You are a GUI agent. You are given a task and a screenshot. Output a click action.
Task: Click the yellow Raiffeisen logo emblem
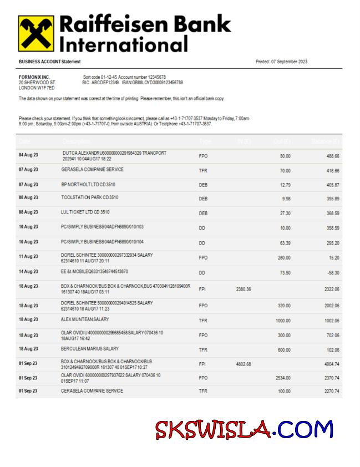[36, 33]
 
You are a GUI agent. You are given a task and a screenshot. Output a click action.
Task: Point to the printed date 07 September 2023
[281, 62]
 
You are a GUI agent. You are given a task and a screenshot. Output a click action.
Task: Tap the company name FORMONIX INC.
[34, 77]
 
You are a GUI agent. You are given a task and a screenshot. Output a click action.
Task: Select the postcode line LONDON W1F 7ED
[37, 88]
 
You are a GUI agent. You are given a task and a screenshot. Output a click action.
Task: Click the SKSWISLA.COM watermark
[244, 429]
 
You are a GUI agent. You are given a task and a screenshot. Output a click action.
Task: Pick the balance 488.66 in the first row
[333, 156]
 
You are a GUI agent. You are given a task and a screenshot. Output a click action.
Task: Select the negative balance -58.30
[333, 272]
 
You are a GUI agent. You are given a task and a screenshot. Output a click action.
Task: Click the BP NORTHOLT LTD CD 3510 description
[88, 184]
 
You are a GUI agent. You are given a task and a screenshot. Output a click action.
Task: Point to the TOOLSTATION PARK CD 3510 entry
[90, 197]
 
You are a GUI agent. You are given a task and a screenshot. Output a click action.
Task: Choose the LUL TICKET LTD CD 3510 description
[85, 212]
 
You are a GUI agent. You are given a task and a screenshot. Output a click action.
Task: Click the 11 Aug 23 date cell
[28, 257]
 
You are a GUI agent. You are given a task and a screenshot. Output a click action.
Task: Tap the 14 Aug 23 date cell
[28, 272]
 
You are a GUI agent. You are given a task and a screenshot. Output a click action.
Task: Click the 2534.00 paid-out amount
[283, 378]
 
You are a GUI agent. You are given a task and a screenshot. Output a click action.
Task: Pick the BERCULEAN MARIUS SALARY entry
[90, 349]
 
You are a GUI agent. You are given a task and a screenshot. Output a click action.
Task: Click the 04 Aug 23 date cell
[28, 155]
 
